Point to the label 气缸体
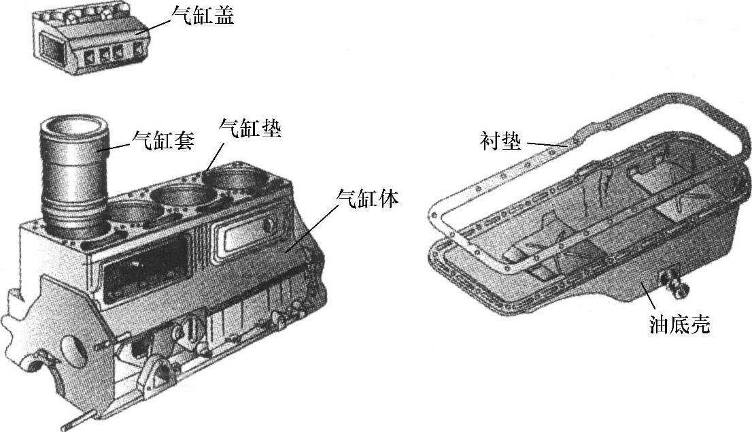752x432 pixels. point(367,198)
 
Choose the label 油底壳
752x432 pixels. point(679,325)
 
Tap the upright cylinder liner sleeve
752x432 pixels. point(73,177)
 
